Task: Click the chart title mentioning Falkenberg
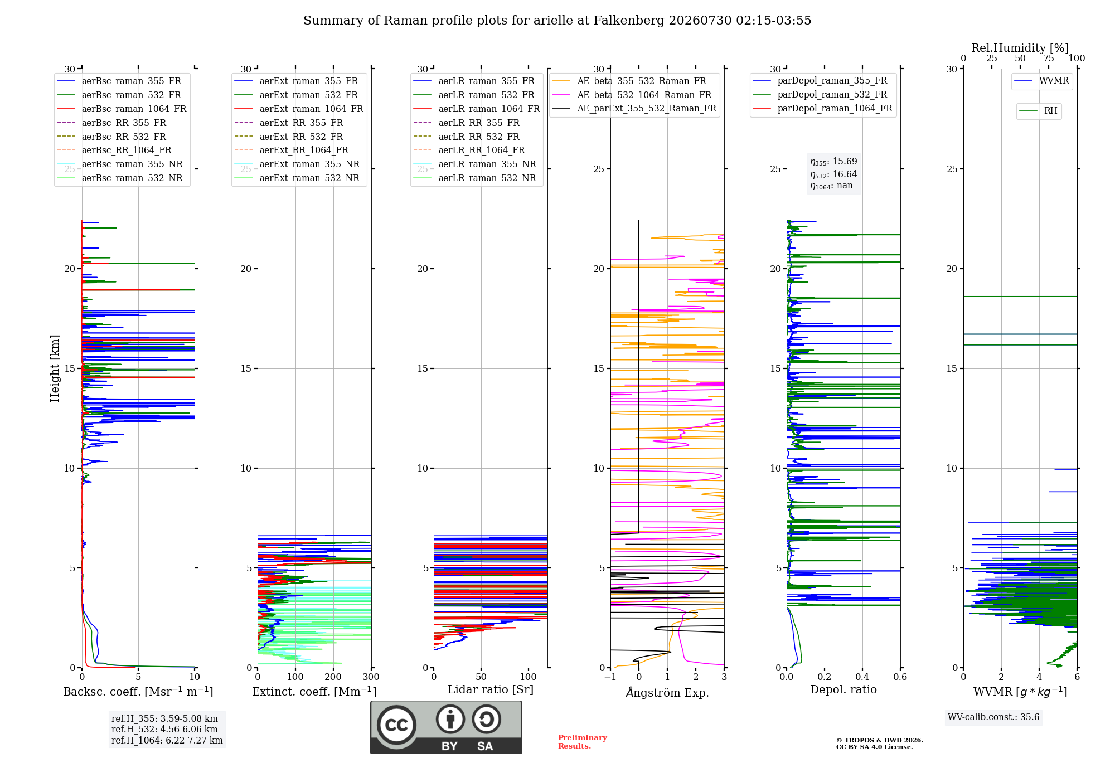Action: tap(557, 21)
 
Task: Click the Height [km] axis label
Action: tap(55, 368)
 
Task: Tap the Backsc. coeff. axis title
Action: tap(138, 692)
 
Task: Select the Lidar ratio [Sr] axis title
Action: tap(491, 690)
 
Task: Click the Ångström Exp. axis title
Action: tap(667, 692)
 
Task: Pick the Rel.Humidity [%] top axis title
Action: tap(1020, 48)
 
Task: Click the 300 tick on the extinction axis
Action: tap(371, 677)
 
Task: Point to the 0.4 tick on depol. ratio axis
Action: tap(862, 677)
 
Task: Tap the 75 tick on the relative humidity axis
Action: tap(1049, 59)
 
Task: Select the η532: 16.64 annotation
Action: tap(833, 174)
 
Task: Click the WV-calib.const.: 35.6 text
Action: tap(993, 717)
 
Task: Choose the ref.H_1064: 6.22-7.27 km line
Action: tap(167, 741)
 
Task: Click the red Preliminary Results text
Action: tap(583, 742)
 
